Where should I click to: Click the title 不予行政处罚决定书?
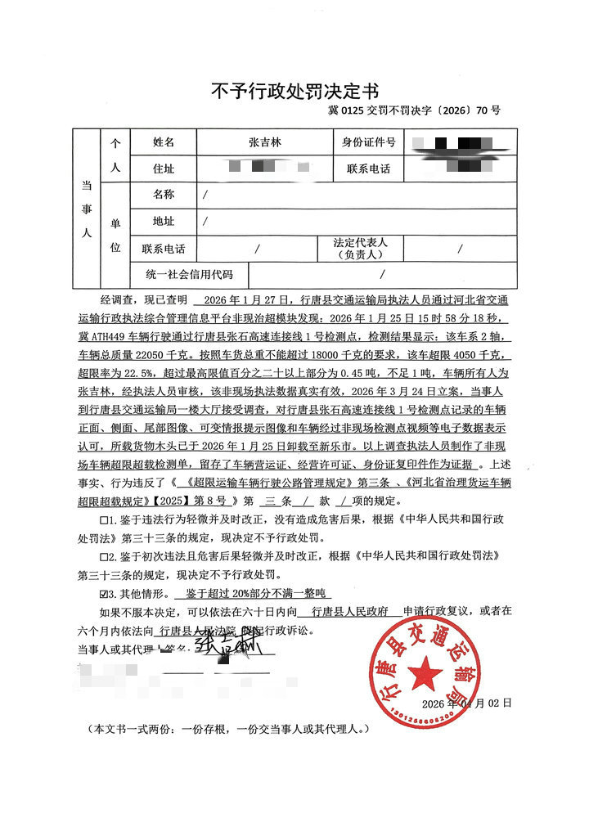pos(294,89)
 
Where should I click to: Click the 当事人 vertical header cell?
pos(86,209)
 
